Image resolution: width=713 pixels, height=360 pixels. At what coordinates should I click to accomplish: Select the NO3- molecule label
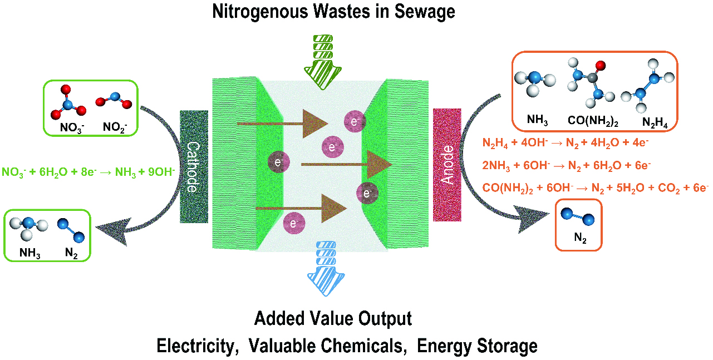(x=72, y=127)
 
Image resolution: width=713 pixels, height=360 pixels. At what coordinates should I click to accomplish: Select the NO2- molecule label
(x=115, y=127)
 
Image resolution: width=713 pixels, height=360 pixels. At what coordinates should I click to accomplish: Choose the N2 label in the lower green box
(x=71, y=253)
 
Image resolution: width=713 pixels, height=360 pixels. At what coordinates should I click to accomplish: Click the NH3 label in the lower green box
(x=30, y=253)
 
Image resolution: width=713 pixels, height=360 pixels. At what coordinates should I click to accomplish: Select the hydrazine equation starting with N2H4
(x=565, y=144)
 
